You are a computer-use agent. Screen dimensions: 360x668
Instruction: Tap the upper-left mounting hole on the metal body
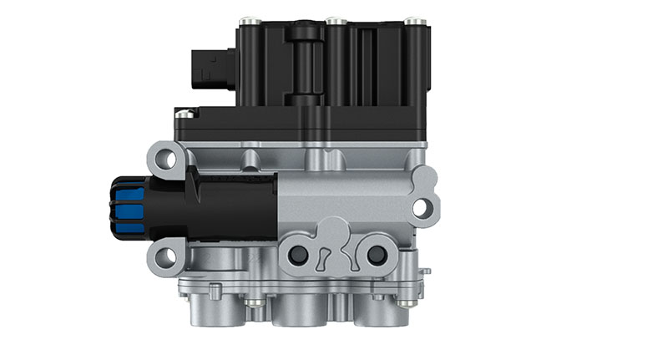pos(167,157)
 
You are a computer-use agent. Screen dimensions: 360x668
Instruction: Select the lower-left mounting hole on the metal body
pos(166,255)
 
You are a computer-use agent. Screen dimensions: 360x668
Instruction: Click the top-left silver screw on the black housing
pos(247,20)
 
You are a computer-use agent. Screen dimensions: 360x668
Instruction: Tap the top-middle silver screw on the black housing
pos(334,19)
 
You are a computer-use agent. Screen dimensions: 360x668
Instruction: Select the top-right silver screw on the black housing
pos(412,20)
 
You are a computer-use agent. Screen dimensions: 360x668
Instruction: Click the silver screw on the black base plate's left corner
pos(184,112)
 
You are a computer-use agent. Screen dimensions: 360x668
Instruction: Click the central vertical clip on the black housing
pos(303,63)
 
